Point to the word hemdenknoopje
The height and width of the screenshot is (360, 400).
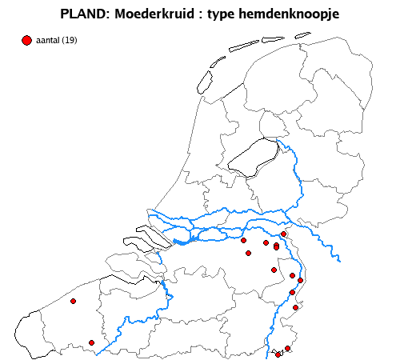click(x=291, y=14)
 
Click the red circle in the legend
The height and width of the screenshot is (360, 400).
click(x=26, y=40)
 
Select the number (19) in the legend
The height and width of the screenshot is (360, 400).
click(x=70, y=41)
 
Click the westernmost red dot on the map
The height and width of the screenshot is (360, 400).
click(x=73, y=302)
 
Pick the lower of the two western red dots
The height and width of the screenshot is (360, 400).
click(x=91, y=342)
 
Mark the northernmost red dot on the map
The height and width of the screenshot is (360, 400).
click(x=283, y=234)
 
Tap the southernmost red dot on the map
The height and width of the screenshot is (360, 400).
click(x=278, y=354)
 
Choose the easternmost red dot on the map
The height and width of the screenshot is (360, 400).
click(x=301, y=280)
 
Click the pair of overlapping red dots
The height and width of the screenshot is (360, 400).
click(x=276, y=246)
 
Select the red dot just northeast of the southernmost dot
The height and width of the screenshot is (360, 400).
click(x=287, y=348)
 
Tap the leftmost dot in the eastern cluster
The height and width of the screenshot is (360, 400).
click(x=243, y=240)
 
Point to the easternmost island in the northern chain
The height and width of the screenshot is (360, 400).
click(x=302, y=35)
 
